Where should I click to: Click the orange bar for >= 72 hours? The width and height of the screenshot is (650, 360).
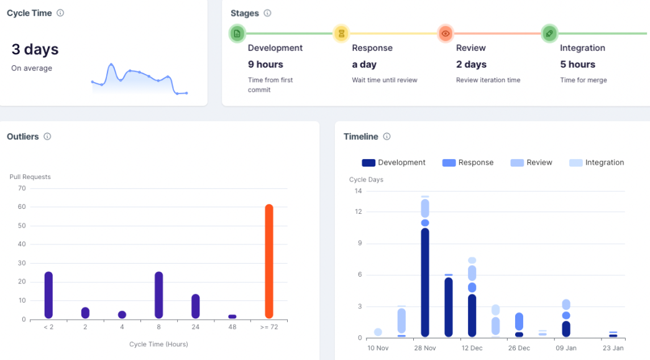click(269, 261)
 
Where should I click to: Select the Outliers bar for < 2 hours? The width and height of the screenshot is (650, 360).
click(48, 295)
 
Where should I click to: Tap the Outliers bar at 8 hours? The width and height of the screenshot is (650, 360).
click(158, 295)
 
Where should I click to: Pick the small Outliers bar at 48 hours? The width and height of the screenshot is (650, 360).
click(232, 316)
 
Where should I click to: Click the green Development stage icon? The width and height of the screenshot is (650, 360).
click(237, 34)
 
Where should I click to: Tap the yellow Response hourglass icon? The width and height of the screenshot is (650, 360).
click(341, 34)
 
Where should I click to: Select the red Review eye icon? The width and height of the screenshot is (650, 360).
click(445, 34)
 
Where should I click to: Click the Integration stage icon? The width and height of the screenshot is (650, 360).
click(549, 34)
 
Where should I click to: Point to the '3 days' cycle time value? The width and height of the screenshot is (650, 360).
click(35, 50)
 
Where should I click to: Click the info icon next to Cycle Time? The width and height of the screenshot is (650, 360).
click(60, 13)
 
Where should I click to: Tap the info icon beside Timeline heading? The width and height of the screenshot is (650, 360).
click(387, 136)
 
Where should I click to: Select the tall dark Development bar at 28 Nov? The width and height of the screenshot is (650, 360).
click(425, 283)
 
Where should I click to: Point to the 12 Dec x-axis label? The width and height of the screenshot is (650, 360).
click(472, 348)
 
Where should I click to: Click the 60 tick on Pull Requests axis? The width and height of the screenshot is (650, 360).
click(22, 206)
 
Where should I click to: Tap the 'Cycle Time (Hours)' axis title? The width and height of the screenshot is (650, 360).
click(158, 344)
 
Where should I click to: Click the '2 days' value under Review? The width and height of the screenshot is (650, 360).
click(471, 65)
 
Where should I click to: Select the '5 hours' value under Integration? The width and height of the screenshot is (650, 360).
click(577, 65)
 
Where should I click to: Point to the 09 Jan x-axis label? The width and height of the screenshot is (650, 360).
click(565, 348)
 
